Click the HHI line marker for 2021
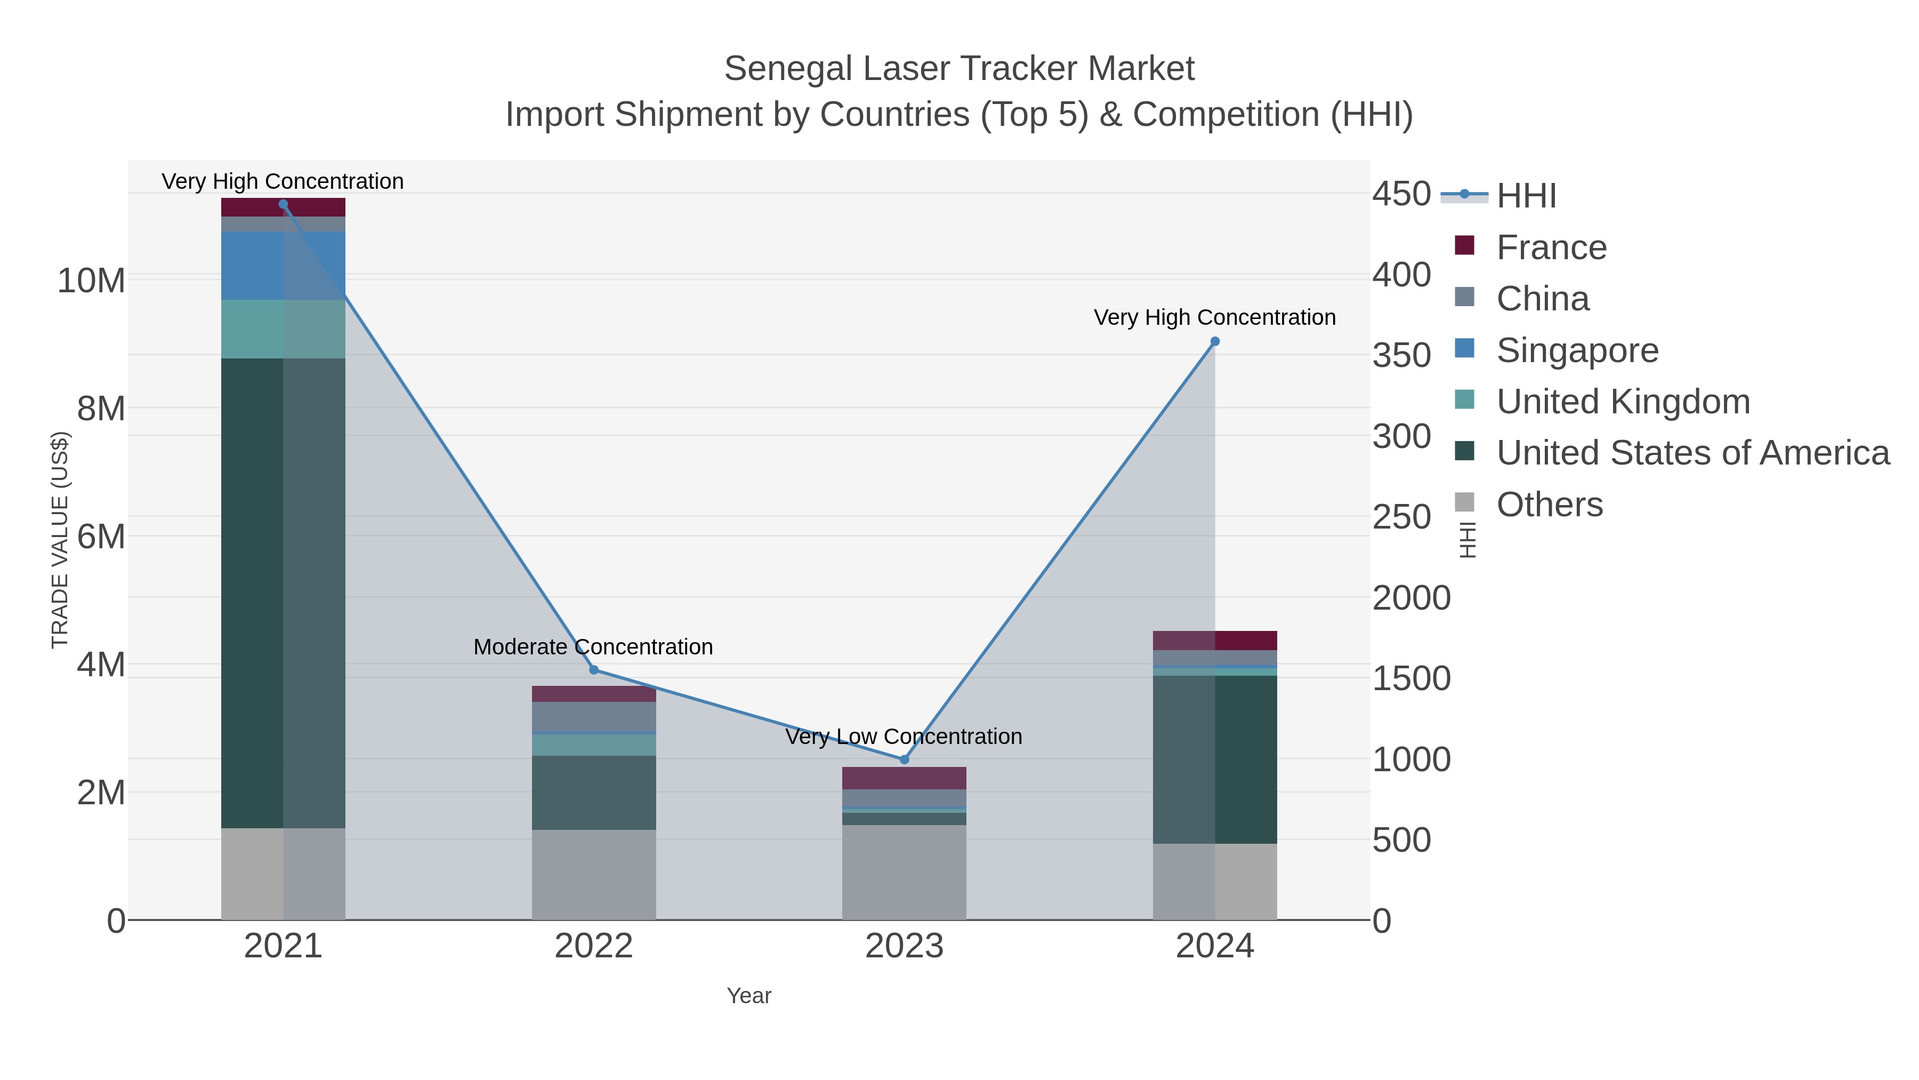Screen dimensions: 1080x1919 click(x=283, y=204)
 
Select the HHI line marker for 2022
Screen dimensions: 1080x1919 click(x=594, y=670)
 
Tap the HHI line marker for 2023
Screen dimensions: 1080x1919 click(x=905, y=760)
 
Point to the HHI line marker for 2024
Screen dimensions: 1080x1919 click(x=1215, y=342)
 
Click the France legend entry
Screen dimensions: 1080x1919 click(x=1551, y=247)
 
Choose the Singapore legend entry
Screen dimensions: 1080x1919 click(x=1577, y=350)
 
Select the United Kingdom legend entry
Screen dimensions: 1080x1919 click(x=1623, y=402)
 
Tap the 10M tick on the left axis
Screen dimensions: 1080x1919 click(x=91, y=281)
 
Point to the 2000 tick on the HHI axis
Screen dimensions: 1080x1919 click(x=1411, y=598)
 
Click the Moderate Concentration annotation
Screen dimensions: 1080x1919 click(x=593, y=647)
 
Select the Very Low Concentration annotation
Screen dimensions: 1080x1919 click(x=904, y=737)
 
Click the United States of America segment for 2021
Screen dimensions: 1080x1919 click(x=283, y=593)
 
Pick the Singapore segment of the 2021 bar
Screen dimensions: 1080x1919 click(x=283, y=266)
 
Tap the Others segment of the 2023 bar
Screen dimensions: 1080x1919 click(x=905, y=872)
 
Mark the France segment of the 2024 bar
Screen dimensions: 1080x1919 click(x=1215, y=640)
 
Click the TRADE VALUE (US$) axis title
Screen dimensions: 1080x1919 click(x=60, y=540)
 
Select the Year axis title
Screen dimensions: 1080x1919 click(x=749, y=996)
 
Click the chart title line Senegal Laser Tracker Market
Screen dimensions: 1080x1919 click(x=959, y=69)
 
